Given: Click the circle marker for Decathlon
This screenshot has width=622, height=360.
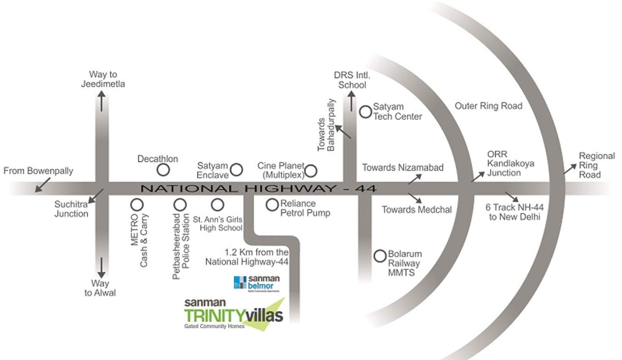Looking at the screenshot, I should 162,170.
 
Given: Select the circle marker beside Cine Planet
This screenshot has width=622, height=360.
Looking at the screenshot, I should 311,170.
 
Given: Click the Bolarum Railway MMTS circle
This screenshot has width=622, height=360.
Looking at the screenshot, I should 379,256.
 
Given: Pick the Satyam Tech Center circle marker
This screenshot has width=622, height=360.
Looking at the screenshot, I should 365,111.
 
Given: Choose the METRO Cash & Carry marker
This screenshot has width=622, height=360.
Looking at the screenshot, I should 137,205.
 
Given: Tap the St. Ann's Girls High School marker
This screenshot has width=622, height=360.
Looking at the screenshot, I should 217,205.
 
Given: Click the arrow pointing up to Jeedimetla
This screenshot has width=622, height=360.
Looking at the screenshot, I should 101,100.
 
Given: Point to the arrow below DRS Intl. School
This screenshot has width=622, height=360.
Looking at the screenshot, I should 351,100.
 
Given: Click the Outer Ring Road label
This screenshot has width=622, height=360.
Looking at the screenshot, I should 488,106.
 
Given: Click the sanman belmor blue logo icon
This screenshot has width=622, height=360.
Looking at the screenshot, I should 240,283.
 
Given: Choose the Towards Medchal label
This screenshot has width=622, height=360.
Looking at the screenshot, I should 417,210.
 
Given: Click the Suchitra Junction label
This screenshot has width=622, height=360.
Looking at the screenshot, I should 71,209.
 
